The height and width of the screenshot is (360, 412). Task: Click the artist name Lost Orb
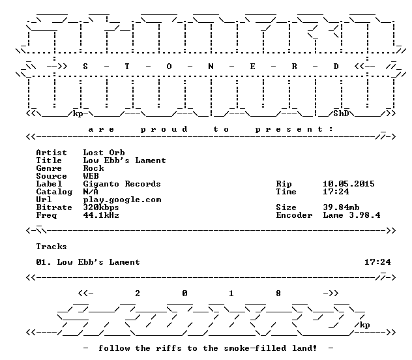(x=104, y=153)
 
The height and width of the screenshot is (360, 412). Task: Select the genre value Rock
(x=93, y=168)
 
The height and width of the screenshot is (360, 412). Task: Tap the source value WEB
(x=91, y=176)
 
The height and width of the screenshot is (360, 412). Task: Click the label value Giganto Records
(x=122, y=184)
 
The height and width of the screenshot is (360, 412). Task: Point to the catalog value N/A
(x=91, y=192)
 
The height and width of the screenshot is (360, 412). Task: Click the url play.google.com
(x=122, y=200)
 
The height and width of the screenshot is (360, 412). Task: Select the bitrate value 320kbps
(x=101, y=207)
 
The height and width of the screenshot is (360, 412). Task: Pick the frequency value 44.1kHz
(x=101, y=215)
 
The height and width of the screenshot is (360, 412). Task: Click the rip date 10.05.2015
(x=349, y=184)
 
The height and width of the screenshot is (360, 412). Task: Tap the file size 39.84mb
(x=341, y=207)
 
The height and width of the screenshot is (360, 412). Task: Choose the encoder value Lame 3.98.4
(x=351, y=215)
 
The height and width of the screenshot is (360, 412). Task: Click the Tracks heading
(x=51, y=247)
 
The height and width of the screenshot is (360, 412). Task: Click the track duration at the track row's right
(x=377, y=262)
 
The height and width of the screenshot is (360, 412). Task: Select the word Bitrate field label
(x=54, y=207)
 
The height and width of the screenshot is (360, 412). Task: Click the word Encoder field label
(x=294, y=215)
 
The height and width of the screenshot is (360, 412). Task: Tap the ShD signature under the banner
(x=342, y=113)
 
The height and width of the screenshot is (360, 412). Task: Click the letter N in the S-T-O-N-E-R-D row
(x=211, y=67)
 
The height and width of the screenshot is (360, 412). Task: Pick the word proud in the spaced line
(x=164, y=129)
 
